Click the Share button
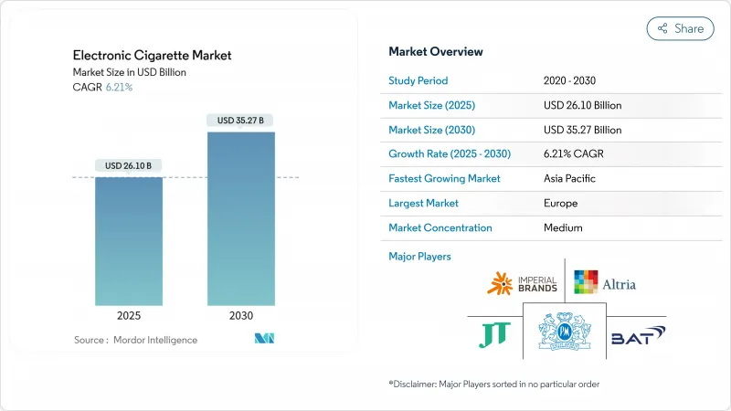point(680,28)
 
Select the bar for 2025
point(129,241)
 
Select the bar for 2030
point(240,218)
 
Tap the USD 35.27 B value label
point(240,120)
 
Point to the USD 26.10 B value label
point(129,165)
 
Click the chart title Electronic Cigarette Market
point(152,55)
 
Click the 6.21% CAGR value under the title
point(119,88)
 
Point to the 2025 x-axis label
point(129,316)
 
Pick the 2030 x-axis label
point(240,316)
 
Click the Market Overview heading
point(436,51)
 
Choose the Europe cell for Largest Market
point(559,203)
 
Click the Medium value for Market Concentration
point(562,227)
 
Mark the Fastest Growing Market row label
point(444,178)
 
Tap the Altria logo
point(604,283)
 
